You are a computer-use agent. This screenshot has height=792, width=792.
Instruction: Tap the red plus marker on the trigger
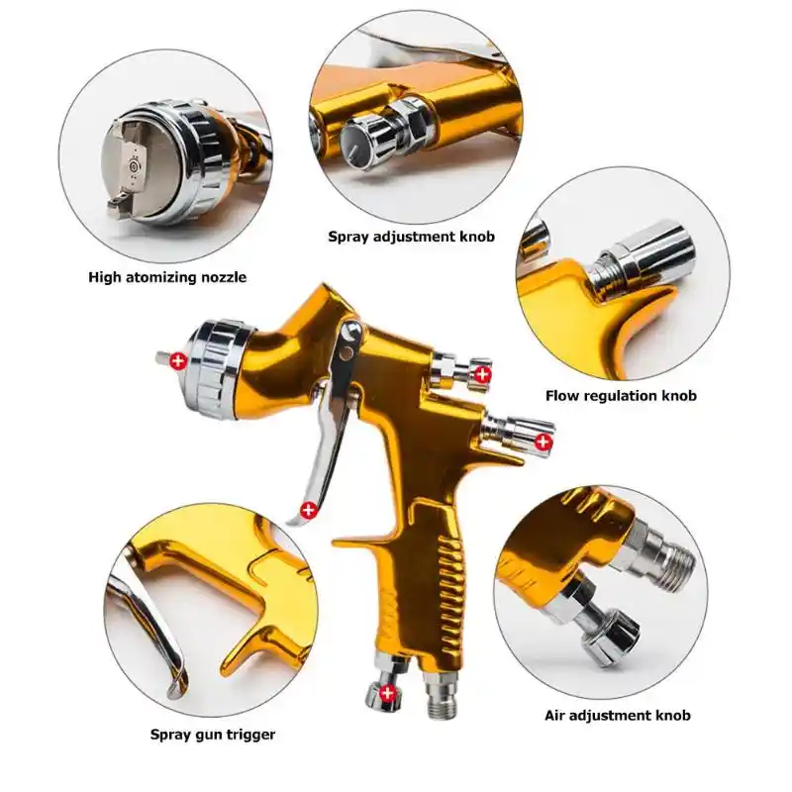tap(309, 511)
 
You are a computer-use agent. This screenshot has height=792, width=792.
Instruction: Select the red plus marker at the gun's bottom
tap(387, 692)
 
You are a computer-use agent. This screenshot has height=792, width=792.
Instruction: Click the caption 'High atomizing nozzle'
tap(167, 277)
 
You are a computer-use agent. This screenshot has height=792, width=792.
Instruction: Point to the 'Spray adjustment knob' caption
tap(411, 237)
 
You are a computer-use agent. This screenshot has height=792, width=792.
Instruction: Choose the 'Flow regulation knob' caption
tap(621, 395)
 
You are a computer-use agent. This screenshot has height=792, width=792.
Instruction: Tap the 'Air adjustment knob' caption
tap(618, 715)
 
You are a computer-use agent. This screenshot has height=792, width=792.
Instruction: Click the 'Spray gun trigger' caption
tap(213, 734)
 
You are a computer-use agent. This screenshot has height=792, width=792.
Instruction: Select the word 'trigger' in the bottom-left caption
tap(250, 734)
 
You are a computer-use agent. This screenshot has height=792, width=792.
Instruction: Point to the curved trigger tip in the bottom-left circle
tap(176, 679)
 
